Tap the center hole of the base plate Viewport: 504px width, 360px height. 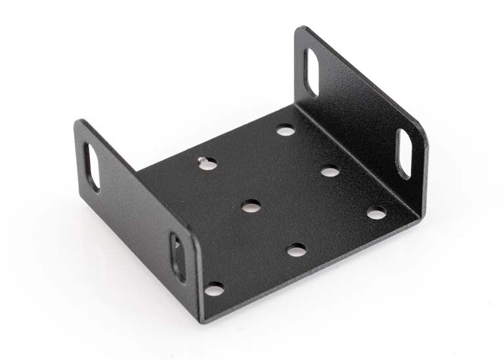[x=251, y=207]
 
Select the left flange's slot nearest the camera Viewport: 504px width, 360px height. [x=178, y=257]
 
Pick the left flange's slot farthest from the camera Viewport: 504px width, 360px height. [x=92, y=167]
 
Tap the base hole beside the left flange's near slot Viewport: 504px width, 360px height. [x=214, y=288]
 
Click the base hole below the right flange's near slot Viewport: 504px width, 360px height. [x=376, y=213]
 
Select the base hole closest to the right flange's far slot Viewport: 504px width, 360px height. [x=285, y=130]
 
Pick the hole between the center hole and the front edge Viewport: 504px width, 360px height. [x=297, y=250]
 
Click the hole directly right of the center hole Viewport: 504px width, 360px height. [x=330, y=172]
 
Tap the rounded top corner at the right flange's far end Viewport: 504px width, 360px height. [x=301, y=30]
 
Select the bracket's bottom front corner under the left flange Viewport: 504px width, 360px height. [x=201, y=319]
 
